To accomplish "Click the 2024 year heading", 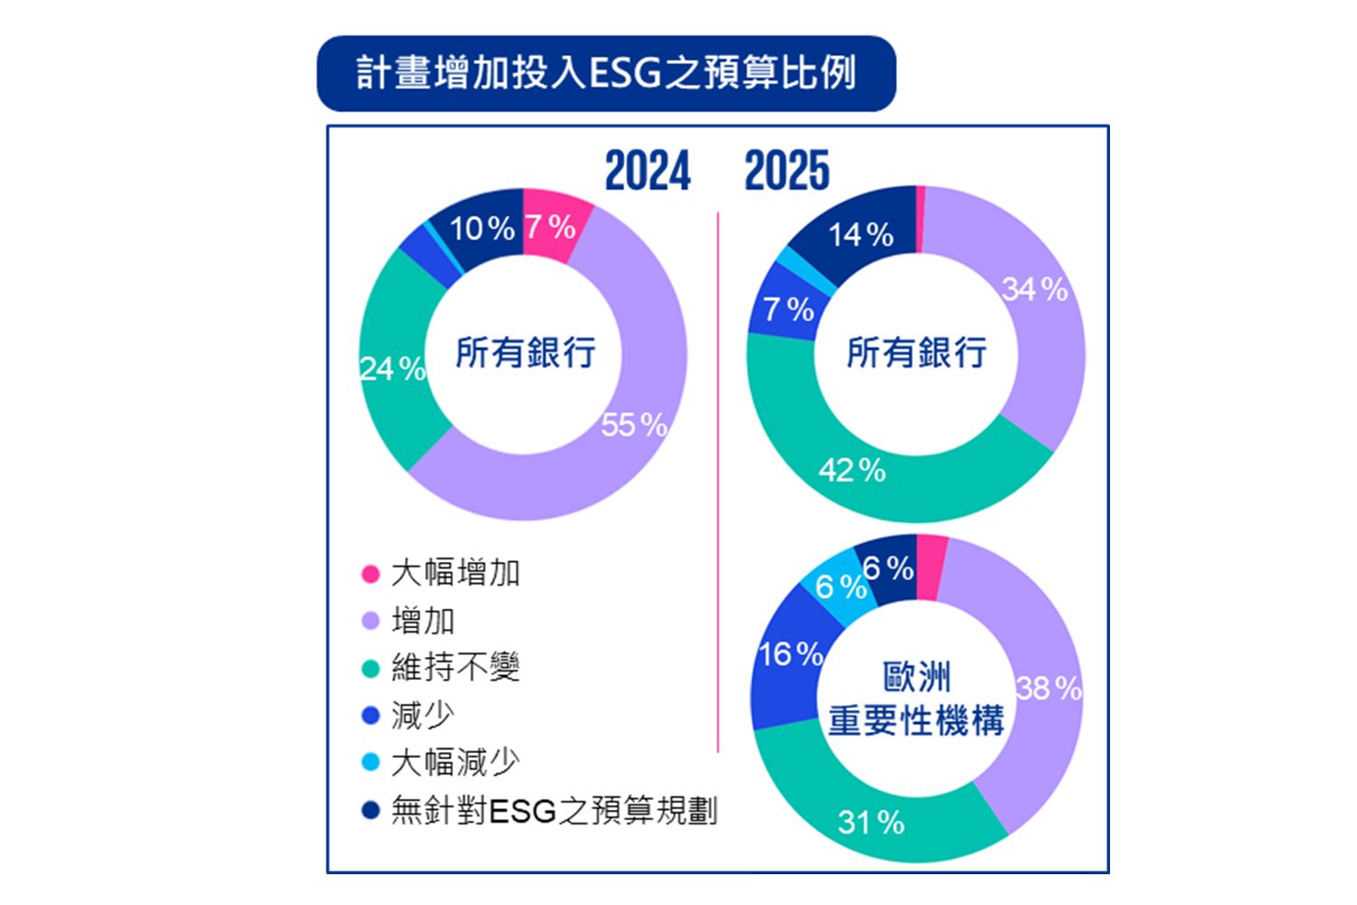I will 647,171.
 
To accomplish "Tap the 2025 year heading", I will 786,171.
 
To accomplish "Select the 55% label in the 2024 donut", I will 633,424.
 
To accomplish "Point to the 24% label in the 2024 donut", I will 393,368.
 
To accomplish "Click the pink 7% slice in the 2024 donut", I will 551,227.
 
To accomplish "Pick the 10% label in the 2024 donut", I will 482,228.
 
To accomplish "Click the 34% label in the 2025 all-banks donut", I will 1035,290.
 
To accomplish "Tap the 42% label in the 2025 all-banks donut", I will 852,471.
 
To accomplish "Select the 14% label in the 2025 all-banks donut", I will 860,235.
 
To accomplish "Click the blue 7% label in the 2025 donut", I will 788,310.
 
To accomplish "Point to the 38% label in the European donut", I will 1049,689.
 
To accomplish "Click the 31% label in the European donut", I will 870,823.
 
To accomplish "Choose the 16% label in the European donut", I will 791,653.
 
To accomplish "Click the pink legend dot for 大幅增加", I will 370,574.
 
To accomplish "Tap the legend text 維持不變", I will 455,668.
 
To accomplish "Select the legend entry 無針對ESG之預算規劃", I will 554,810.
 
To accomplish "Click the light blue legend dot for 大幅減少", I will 370,762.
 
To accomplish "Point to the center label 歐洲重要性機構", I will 916,699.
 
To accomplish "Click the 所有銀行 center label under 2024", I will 525,352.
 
